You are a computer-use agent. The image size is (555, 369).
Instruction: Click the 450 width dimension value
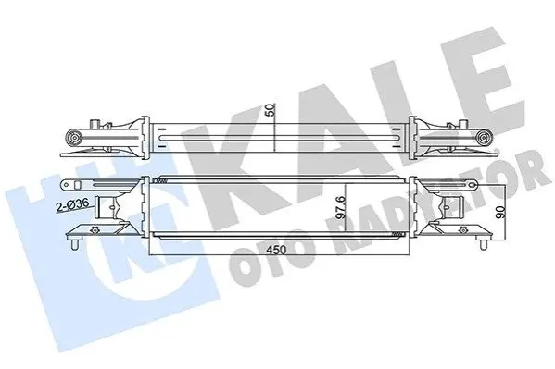click(x=276, y=250)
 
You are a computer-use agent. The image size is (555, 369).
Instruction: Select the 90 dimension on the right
click(x=500, y=212)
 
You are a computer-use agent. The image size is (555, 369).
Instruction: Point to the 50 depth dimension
click(x=271, y=110)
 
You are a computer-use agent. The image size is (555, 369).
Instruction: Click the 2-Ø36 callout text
click(x=72, y=205)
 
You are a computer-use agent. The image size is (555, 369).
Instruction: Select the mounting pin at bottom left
click(x=74, y=244)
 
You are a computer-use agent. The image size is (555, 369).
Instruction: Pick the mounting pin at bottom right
click(x=483, y=244)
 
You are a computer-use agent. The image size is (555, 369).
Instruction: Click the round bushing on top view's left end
click(x=74, y=137)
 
